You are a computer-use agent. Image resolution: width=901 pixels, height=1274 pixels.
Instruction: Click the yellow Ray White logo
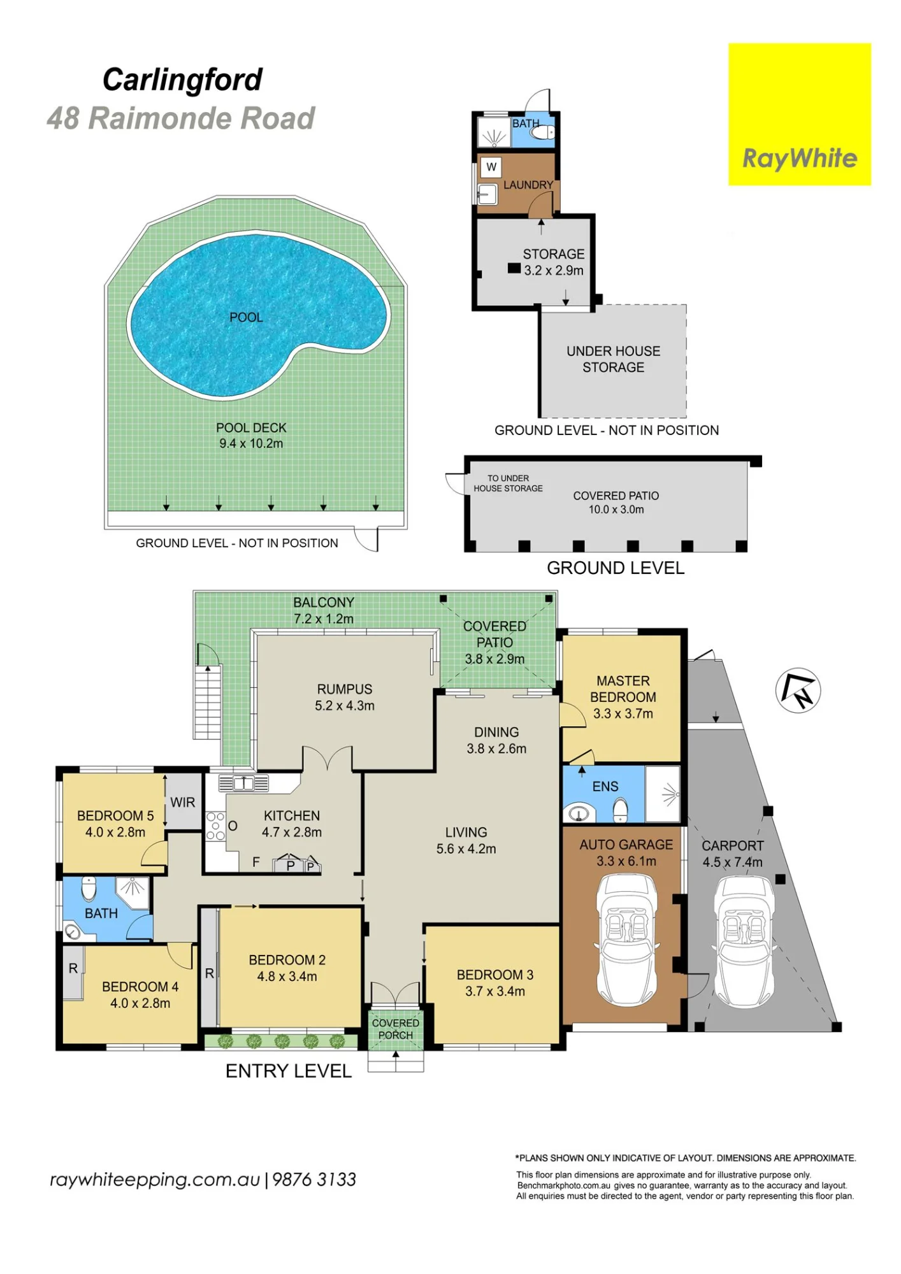pyautogui.click(x=800, y=115)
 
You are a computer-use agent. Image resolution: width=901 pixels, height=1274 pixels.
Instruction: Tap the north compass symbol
pyautogui.click(x=798, y=691)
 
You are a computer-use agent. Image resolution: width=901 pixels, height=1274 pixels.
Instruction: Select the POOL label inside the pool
pyautogui.click(x=246, y=317)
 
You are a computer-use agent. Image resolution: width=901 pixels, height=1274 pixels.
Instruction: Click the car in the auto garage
pyautogui.click(x=627, y=940)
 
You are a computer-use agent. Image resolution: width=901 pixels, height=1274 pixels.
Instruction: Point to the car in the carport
pyautogui.click(x=744, y=942)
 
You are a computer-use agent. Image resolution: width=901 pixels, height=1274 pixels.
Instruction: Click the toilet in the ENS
pyautogui.click(x=620, y=811)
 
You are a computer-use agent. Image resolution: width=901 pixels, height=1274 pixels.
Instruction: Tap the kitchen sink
pyautogui.click(x=243, y=782)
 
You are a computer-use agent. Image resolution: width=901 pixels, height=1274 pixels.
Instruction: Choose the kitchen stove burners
pyautogui.click(x=215, y=826)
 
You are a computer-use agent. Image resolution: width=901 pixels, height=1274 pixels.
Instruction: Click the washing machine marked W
pyautogui.click(x=491, y=167)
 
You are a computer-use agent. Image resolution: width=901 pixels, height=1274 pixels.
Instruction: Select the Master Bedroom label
pyautogui.click(x=623, y=689)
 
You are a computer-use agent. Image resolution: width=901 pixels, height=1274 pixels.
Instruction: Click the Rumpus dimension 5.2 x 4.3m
pyautogui.click(x=345, y=706)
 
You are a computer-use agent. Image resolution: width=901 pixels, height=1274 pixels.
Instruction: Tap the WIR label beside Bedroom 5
pyautogui.click(x=183, y=803)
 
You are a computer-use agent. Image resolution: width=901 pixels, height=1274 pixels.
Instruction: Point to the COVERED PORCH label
pyautogui.click(x=396, y=1029)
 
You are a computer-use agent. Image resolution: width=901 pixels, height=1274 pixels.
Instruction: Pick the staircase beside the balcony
pyautogui.click(x=207, y=701)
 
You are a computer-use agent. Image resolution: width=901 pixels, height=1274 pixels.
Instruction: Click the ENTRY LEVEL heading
pyautogui.click(x=289, y=1071)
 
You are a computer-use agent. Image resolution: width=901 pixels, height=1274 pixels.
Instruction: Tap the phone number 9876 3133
pyautogui.click(x=314, y=1180)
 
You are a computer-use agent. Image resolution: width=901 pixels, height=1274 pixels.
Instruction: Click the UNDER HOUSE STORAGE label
pyautogui.click(x=614, y=359)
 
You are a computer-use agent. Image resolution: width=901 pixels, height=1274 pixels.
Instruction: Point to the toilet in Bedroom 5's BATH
pyautogui.click(x=89, y=888)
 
